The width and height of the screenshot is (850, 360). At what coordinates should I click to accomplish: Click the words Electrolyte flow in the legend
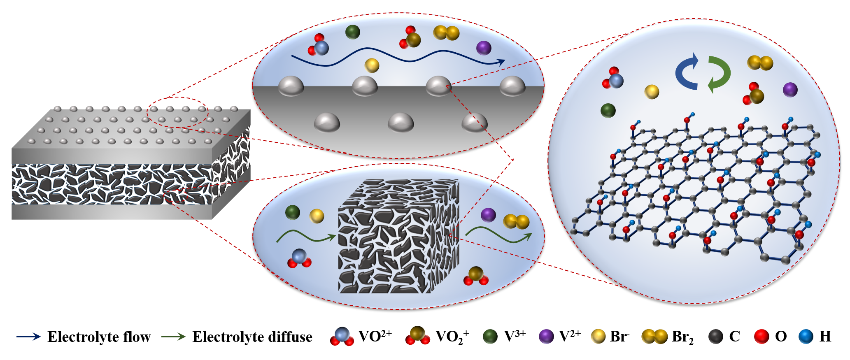tap(99, 337)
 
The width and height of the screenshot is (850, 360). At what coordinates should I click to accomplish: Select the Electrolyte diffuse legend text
tap(252, 337)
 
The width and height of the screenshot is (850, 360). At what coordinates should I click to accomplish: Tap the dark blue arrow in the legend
tap(28, 337)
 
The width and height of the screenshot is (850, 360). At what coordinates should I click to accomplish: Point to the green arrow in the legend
tap(173, 337)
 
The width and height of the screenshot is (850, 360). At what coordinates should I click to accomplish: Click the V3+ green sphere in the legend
tap(490, 337)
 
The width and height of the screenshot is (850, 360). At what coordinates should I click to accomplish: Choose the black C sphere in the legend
tap(716, 337)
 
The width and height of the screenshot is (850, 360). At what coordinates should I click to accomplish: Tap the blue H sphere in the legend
tap(806, 337)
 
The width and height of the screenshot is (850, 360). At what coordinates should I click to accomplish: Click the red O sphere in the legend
tap(762, 337)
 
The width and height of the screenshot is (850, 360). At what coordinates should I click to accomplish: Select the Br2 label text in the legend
tap(682, 337)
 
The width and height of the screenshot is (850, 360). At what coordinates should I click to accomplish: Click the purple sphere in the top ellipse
tap(484, 48)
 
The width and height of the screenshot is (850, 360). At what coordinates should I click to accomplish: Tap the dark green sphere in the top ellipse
tap(352, 32)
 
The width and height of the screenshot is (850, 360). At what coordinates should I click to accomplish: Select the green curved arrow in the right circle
tap(719, 74)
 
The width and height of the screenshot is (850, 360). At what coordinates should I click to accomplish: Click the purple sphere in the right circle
tap(790, 89)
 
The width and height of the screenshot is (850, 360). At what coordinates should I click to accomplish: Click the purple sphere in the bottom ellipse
tap(488, 215)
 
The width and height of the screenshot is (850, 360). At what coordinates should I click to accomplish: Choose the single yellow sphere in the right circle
tap(651, 92)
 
